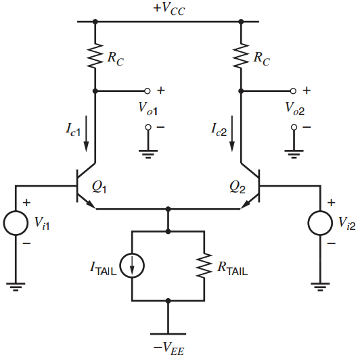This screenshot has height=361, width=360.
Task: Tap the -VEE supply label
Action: (168, 348)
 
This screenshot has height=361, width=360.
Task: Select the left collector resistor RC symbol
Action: (95, 58)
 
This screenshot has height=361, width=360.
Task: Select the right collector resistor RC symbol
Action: (241, 58)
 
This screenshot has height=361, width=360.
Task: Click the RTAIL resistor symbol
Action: (204, 266)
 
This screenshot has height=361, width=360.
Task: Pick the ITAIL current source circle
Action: (131, 266)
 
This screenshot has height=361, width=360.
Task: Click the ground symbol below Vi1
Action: (17, 287)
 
